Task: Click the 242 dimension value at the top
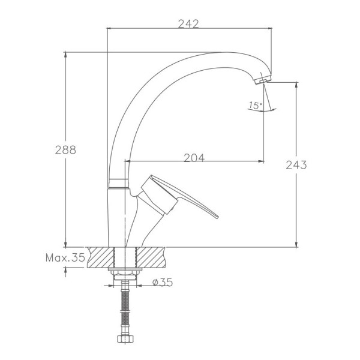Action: (188, 24)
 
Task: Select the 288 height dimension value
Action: (65, 150)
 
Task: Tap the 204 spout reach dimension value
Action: (194, 158)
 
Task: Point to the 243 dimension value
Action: (296, 165)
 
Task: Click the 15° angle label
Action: (256, 106)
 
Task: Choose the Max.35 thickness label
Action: (65, 257)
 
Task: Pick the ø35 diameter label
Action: (163, 282)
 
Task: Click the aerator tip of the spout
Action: (263, 79)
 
